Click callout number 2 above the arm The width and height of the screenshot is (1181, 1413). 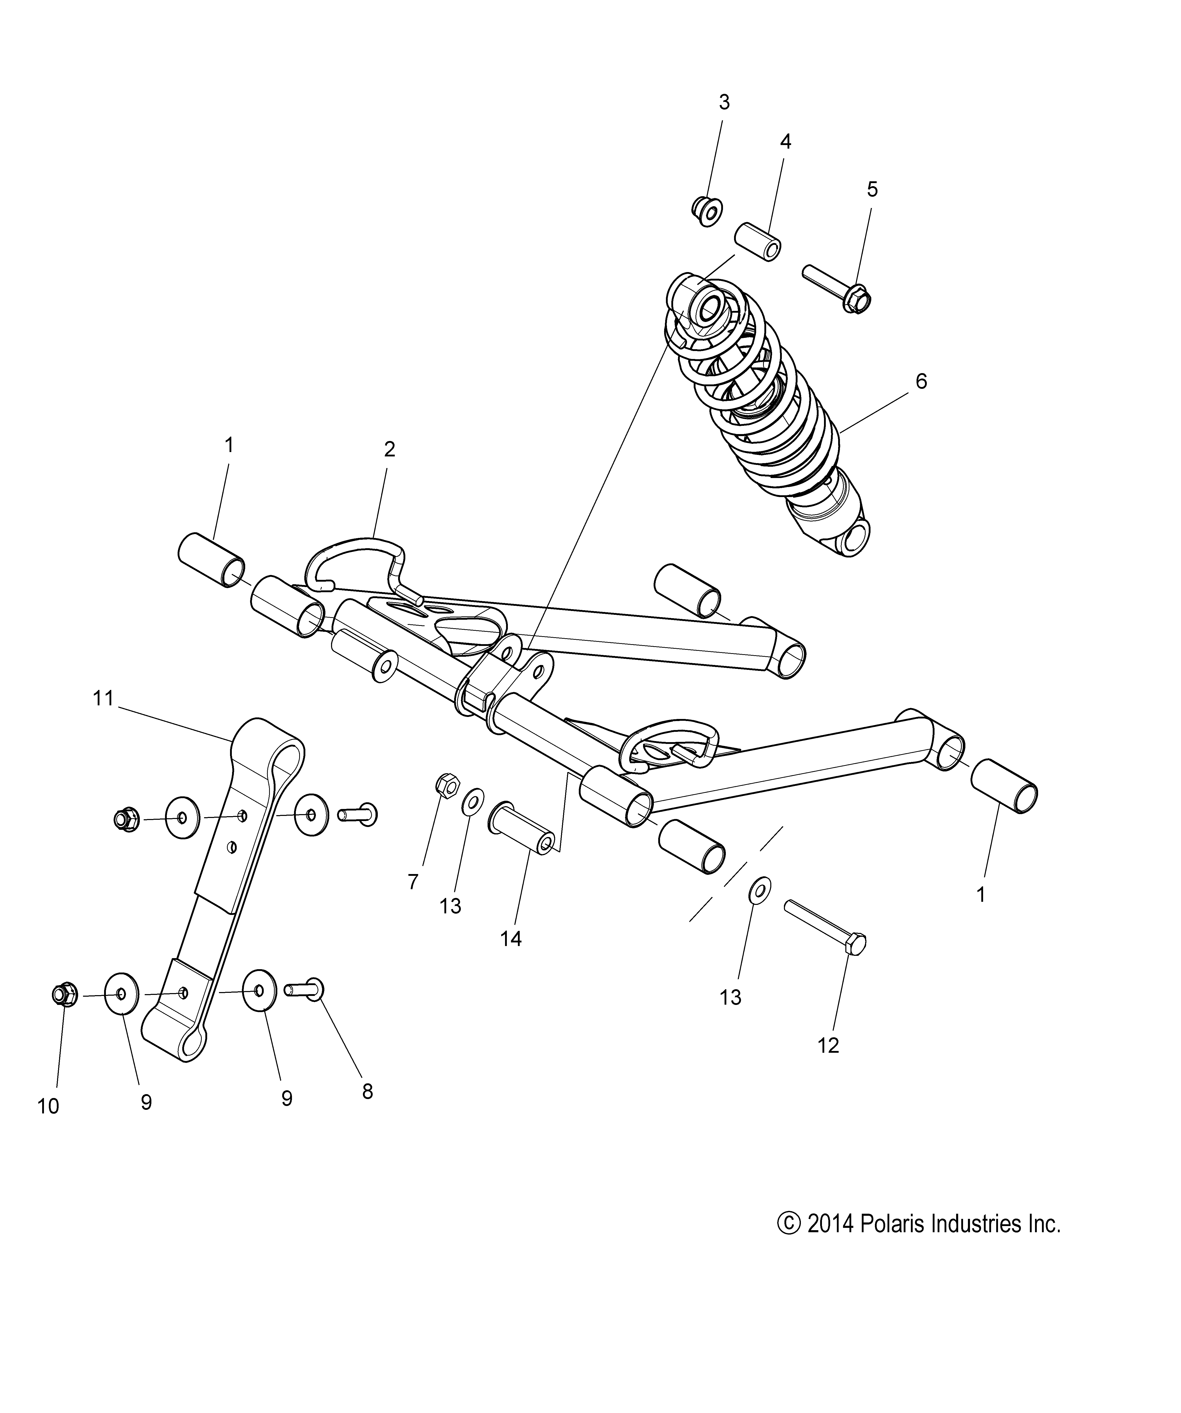[x=389, y=449]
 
